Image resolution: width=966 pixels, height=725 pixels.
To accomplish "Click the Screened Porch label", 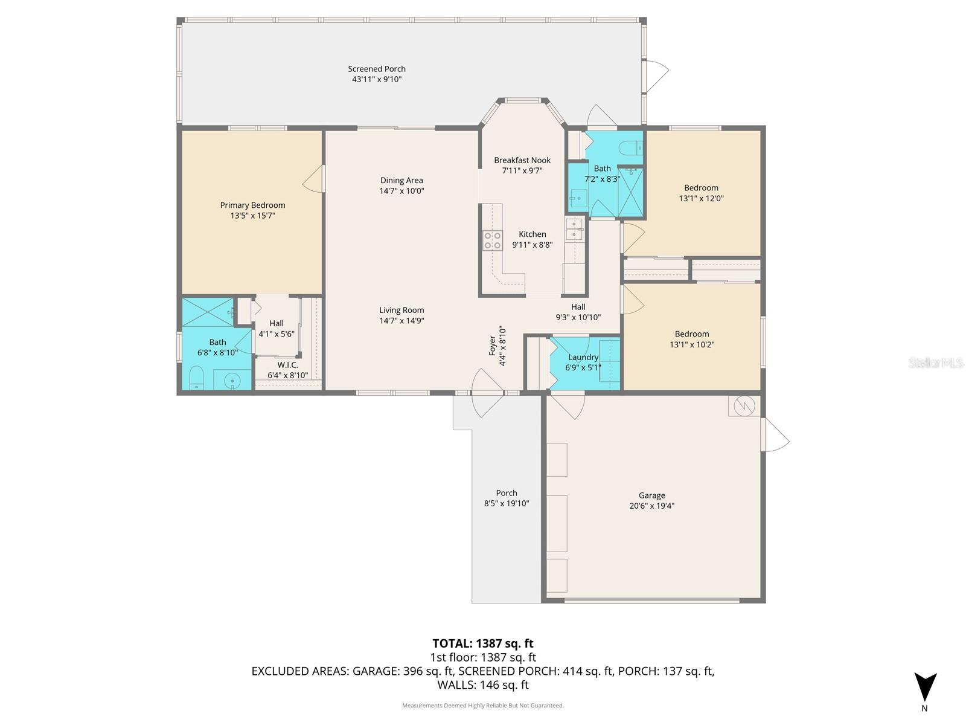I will (x=377, y=69).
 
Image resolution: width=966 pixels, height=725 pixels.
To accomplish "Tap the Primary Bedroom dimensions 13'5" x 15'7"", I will (x=252, y=216).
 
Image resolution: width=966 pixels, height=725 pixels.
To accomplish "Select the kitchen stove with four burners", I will (x=493, y=240).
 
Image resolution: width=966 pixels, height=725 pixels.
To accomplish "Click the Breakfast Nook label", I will (x=522, y=160).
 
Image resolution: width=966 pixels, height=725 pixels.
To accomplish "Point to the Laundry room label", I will (x=583, y=357).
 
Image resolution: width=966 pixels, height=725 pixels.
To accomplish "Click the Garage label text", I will (x=652, y=495).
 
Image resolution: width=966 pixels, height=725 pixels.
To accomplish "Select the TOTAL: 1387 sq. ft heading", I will (x=483, y=643).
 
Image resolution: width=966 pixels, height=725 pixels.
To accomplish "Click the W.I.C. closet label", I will (x=287, y=365).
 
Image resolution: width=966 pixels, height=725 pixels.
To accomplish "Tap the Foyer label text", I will (x=493, y=346).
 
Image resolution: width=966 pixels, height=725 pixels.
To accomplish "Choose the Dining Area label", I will (x=401, y=180).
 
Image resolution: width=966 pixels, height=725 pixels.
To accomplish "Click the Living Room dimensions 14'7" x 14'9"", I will (x=401, y=321).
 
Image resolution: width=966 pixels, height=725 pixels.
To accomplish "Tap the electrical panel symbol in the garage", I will (x=744, y=405).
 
